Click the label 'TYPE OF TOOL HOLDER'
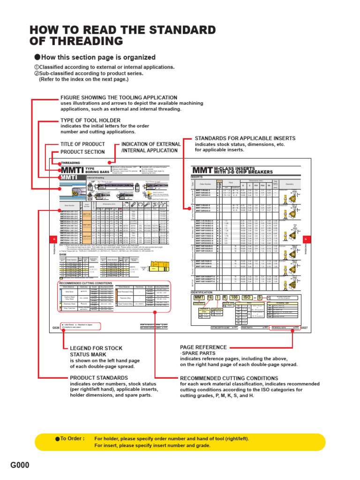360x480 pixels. tap(89, 120)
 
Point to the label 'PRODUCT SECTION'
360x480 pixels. tap(82, 152)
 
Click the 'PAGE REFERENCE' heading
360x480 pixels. tap(203, 347)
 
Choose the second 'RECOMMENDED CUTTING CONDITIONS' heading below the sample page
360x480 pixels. tap(229, 378)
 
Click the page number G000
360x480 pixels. tap(20, 465)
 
